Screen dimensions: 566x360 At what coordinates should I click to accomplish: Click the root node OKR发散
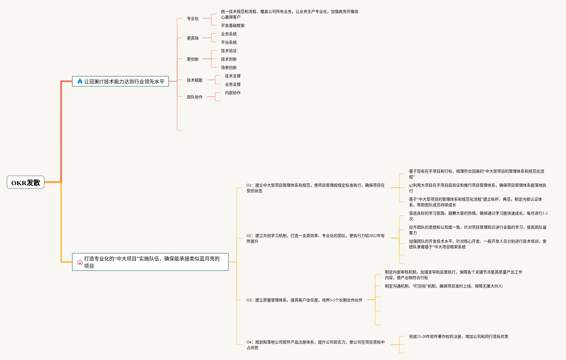(x=25, y=182)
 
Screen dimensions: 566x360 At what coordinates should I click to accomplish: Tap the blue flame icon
(x=80, y=81)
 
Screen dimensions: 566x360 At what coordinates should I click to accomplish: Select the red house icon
(x=80, y=262)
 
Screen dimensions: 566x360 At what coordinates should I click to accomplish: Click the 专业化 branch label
(x=193, y=18)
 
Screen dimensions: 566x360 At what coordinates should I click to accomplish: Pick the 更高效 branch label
(x=193, y=38)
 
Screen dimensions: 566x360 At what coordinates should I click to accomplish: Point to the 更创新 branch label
(x=193, y=59)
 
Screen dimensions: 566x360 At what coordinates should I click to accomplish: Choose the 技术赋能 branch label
(x=194, y=80)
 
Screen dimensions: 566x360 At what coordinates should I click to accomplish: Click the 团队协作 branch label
(x=194, y=97)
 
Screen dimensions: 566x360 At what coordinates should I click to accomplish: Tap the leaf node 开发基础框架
(x=233, y=25)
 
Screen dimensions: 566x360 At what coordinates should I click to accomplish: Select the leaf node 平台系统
(x=229, y=42)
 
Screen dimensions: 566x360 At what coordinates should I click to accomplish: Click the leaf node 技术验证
(x=229, y=51)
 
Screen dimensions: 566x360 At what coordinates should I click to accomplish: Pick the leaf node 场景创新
(x=229, y=68)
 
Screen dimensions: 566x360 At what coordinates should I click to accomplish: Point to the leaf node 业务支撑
(x=233, y=84)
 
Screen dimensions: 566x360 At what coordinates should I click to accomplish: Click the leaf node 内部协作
(x=233, y=93)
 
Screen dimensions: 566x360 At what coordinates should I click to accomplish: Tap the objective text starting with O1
(x=315, y=188)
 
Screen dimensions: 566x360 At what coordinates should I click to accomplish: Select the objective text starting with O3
(x=304, y=300)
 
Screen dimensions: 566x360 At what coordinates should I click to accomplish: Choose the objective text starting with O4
(x=315, y=345)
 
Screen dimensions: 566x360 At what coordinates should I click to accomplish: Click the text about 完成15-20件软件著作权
(x=458, y=336)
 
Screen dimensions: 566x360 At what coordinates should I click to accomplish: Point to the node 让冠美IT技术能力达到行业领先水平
(x=124, y=82)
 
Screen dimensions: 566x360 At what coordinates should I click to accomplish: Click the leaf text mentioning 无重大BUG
(x=444, y=286)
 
